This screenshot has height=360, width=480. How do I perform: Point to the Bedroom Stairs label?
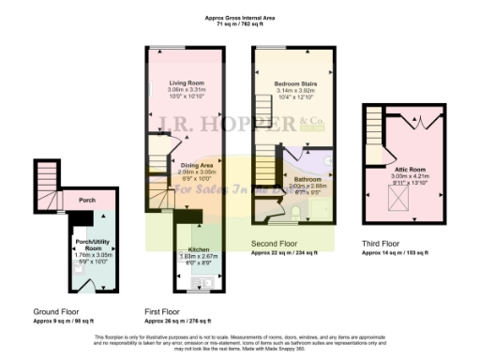(293, 83)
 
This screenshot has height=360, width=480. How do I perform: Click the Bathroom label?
(307, 178)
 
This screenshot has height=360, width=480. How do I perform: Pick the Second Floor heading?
(274, 245)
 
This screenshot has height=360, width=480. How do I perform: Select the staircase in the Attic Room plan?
(375, 123)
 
